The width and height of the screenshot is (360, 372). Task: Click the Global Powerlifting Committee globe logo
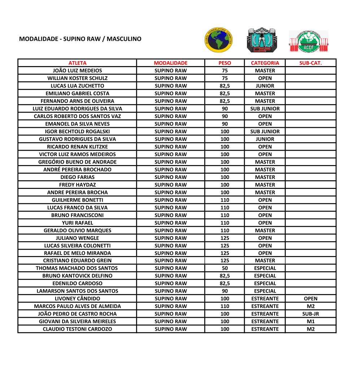pos(218,39)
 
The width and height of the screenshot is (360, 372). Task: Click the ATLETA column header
pos(77,63)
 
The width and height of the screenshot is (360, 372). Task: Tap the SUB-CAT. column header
pos(311,63)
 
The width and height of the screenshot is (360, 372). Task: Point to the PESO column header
pos(225,63)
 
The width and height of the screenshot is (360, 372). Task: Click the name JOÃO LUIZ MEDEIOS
pos(77,70)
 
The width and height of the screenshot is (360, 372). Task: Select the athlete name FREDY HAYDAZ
pos(77,185)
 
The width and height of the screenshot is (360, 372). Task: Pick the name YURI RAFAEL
pos(77,223)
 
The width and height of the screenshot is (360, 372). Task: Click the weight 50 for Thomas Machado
pos(225,268)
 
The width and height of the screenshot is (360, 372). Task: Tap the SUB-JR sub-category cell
pos(311,314)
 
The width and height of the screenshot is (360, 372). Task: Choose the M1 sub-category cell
pos(311,321)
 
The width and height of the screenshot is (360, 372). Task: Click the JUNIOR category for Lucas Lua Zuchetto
pos(265,86)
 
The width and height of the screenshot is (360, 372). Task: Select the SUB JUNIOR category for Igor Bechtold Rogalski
pos(265,131)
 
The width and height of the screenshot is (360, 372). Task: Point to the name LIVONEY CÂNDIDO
pos(77,299)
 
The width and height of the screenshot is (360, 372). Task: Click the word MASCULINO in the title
pos(124,39)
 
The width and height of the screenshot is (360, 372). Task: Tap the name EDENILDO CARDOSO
pos(77,284)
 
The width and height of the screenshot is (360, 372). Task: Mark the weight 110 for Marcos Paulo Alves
pos(225,306)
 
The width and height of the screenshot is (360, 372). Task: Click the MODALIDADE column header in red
pos(170,63)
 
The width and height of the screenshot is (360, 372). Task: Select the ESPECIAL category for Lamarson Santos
pos(265,291)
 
